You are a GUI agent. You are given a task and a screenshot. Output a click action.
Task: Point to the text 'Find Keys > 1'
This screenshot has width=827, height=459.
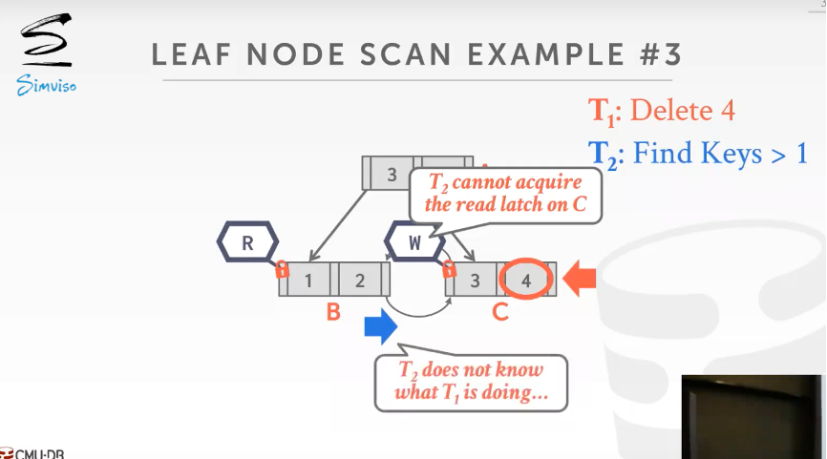coord(720,153)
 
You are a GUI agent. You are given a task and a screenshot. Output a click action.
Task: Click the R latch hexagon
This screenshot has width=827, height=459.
coord(247,242)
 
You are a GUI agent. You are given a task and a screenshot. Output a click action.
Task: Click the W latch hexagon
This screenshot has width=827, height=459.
coord(413,242)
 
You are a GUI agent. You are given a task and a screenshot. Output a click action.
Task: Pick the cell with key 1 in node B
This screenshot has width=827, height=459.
coord(308,281)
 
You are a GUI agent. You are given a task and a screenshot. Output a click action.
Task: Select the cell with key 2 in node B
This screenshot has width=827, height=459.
coord(359,281)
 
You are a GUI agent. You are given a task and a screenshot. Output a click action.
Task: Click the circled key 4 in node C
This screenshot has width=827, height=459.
coord(526,280)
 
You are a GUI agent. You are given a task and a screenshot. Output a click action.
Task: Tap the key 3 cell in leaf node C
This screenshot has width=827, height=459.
coord(475,281)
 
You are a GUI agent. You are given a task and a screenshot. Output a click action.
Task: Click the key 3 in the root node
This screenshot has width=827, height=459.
coord(392,174)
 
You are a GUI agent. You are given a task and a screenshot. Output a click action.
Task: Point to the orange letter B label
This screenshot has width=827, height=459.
coord(333,312)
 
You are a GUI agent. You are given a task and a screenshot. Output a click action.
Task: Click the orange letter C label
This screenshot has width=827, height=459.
coord(499,312)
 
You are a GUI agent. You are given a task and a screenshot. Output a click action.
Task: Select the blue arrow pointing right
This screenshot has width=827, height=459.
coord(380,327)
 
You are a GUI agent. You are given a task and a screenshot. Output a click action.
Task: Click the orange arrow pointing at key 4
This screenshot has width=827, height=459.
coord(579,279)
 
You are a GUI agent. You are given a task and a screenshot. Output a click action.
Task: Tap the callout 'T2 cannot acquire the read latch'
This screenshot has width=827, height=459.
coord(504,194)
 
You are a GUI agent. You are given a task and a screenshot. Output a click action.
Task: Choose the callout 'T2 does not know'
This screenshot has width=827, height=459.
coord(471,382)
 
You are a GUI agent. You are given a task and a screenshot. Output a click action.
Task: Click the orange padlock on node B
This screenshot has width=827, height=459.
coord(282,270)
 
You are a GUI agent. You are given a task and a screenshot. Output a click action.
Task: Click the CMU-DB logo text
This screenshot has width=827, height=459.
coord(34,453)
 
